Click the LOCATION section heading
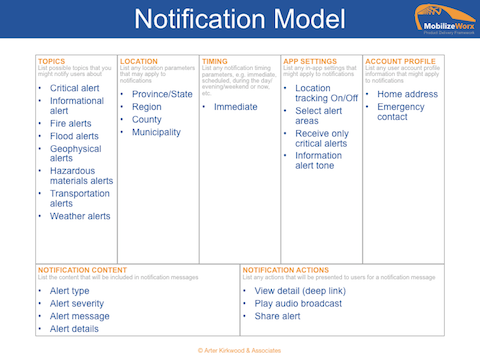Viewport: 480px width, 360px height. tap(139, 60)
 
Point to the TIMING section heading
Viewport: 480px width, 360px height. tap(215, 60)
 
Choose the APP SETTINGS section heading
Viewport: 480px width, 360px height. tap(306, 60)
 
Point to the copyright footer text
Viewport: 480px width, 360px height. tap(240, 351)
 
